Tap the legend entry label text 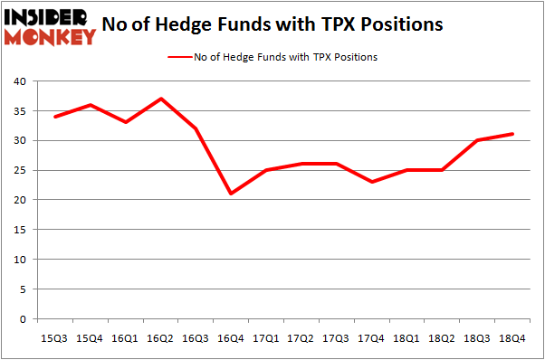click(x=285, y=57)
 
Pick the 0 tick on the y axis click(x=22, y=318)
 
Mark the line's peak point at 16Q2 click(x=161, y=99)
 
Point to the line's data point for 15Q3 click(x=54, y=117)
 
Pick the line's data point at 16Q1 click(x=126, y=122)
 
